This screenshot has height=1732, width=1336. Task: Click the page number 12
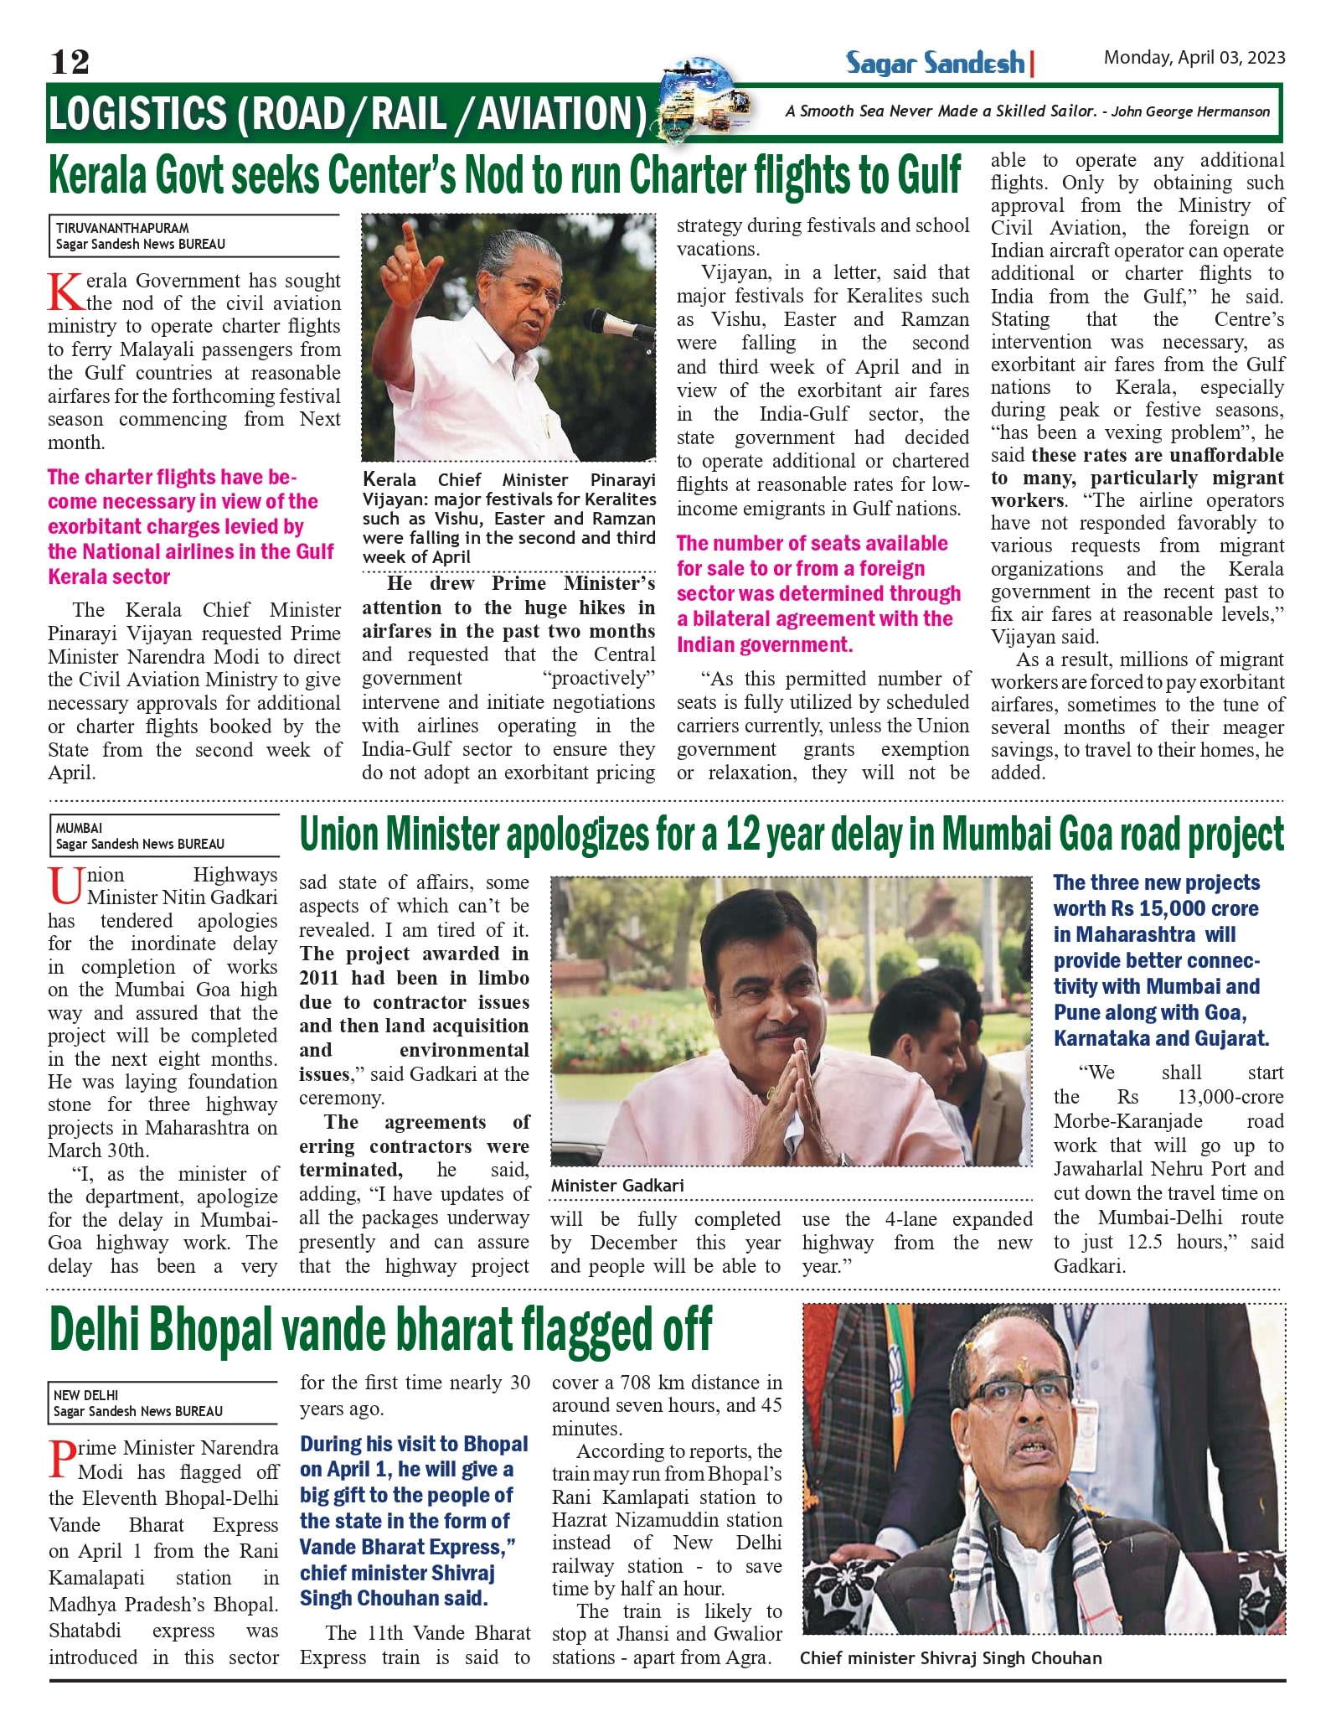point(70,62)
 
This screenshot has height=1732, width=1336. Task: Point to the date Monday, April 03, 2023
point(1194,57)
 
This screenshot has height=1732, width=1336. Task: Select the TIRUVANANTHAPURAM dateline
point(122,228)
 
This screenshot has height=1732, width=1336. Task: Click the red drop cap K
point(64,291)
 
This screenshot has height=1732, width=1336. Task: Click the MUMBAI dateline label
point(79,828)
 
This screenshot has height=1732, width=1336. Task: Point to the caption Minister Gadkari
point(617,1186)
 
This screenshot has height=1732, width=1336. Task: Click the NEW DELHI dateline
point(85,1395)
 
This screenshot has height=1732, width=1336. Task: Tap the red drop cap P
point(61,1458)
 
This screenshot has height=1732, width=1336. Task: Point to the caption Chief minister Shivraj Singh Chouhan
point(951,1658)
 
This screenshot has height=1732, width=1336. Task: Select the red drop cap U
point(64,886)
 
